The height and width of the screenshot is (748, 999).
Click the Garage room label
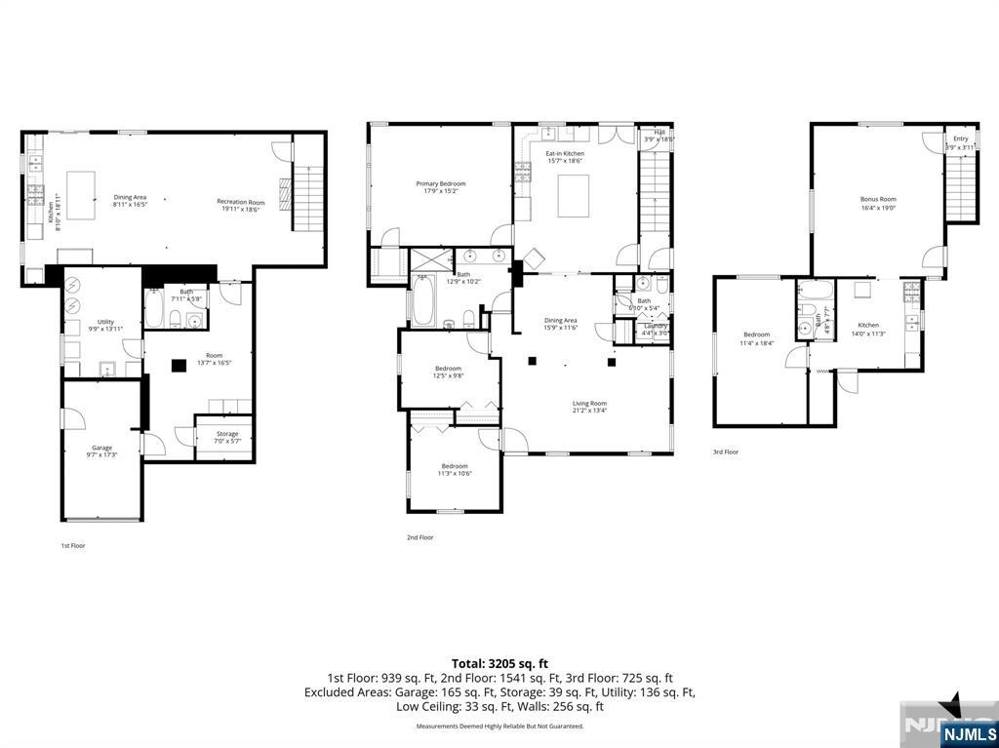[x=101, y=451]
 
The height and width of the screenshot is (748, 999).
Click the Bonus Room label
[x=878, y=203]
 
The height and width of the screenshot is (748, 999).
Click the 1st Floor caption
[x=73, y=545]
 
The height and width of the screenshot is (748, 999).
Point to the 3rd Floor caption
[x=725, y=453]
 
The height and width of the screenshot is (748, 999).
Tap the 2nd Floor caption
[x=420, y=537]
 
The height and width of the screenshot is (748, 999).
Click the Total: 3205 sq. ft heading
[x=499, y=663]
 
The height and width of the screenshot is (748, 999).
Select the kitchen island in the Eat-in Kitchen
[x=575, y=195]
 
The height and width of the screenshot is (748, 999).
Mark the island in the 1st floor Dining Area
[x=81, y=195]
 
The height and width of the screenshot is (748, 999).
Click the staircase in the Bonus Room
[x=962, y=186]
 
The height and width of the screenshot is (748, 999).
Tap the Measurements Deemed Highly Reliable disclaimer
[x=499, y=727]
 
